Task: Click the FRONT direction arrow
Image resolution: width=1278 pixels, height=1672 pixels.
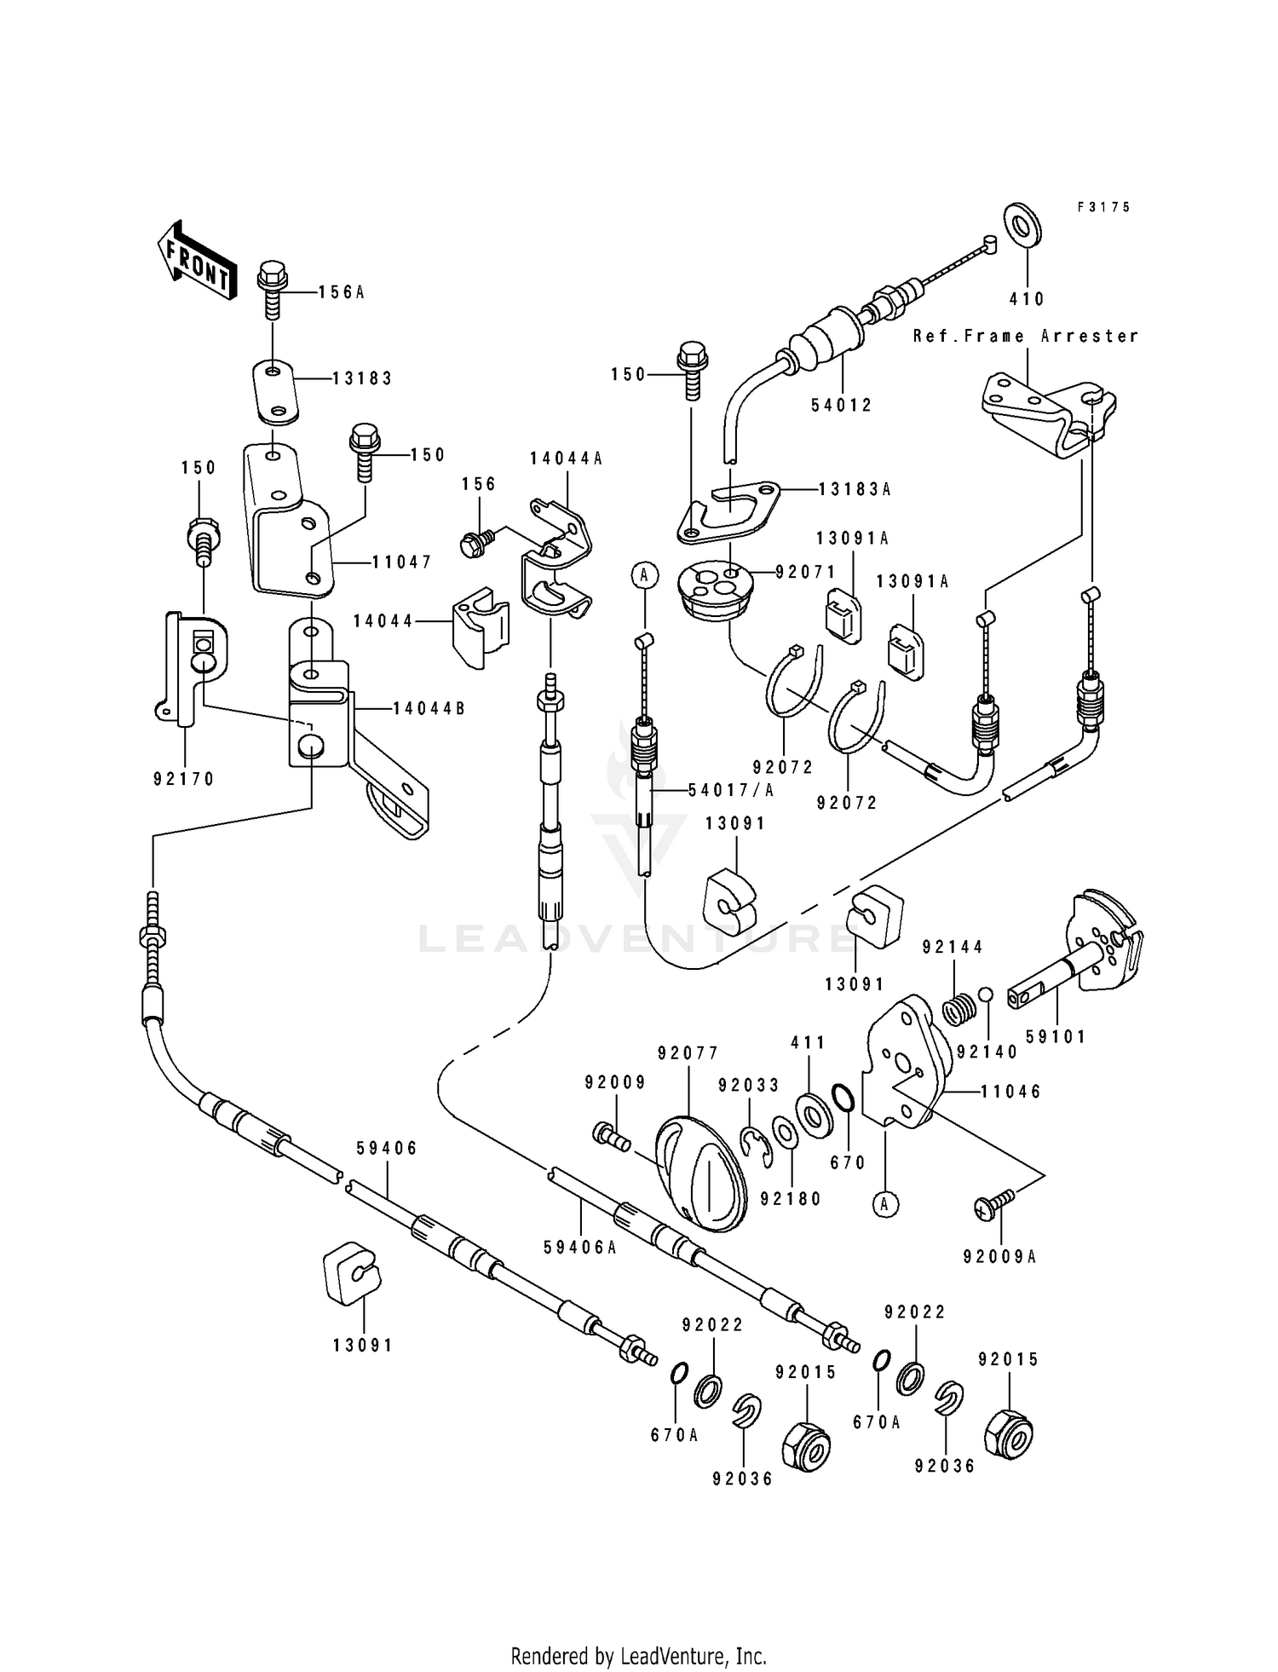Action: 194,259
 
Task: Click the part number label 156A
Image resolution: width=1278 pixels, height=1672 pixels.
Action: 342,292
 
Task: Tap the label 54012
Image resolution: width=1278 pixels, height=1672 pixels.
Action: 843,406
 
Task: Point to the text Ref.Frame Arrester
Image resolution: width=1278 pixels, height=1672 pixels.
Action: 1026,336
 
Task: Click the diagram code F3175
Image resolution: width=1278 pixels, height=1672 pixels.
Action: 1103,207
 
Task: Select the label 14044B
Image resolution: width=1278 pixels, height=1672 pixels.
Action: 429,708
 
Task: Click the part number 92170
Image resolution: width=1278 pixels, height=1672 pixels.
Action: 184,779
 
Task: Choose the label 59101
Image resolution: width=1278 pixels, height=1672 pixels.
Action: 1056,1037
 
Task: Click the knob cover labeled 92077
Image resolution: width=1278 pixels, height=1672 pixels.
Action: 700,1174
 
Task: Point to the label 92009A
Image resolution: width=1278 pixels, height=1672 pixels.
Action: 1000,1257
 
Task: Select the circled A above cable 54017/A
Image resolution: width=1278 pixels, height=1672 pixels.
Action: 644,576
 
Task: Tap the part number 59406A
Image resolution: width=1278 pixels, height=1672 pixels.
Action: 579,1247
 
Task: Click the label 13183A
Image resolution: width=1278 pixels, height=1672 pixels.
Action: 855,489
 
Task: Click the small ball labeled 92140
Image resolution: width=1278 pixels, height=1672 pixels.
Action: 986,995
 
